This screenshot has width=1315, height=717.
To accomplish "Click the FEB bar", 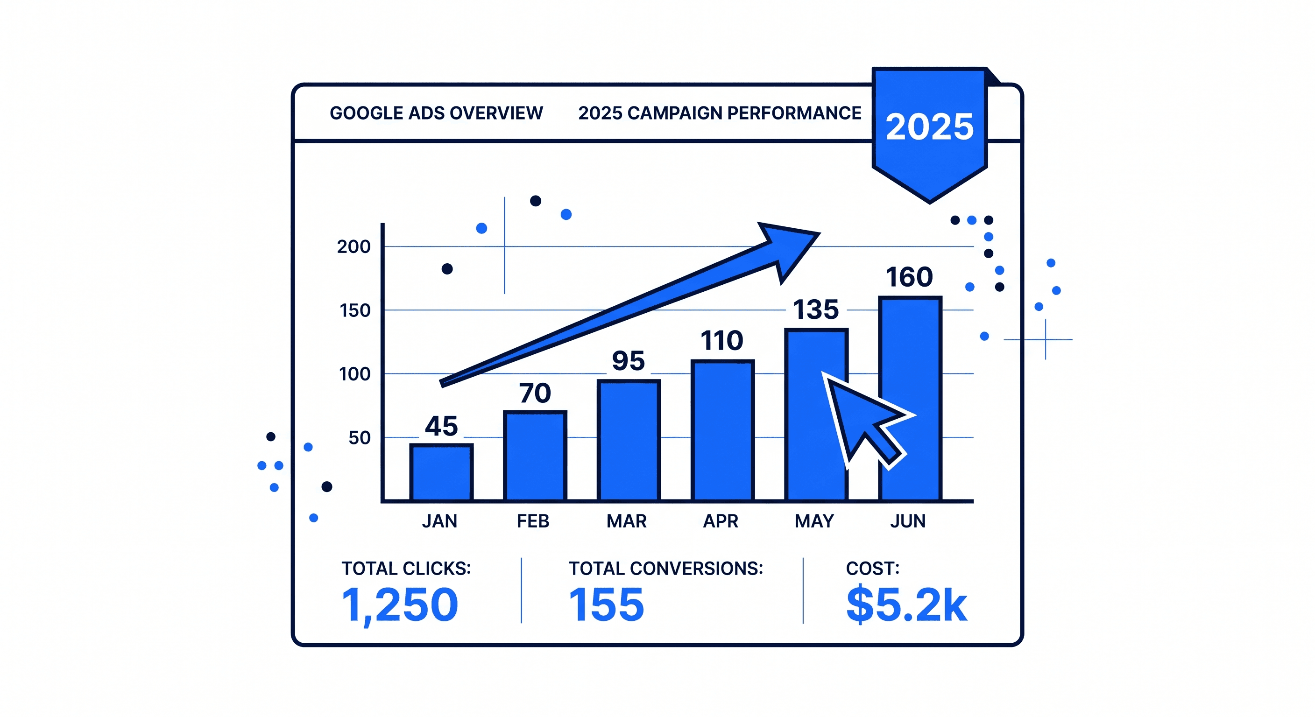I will tap(535, 456).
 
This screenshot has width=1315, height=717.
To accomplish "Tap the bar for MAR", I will tap(629, 440).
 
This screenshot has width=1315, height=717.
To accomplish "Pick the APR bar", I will tap(722, 430).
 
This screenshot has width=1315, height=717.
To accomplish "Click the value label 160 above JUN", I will tap(909, 277).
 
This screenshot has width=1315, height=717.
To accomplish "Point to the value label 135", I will tap(815, 309).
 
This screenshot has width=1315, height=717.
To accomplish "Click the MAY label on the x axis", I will tap(814, 521).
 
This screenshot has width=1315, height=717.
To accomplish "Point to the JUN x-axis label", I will tap(908, 521).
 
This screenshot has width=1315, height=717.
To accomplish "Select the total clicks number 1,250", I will tap(400, 605).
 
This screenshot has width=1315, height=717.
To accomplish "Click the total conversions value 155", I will tap(606, 605).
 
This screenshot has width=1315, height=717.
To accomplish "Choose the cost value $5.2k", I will tap(906, 605).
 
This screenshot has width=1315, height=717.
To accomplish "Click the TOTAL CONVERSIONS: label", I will tap(665, 569).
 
